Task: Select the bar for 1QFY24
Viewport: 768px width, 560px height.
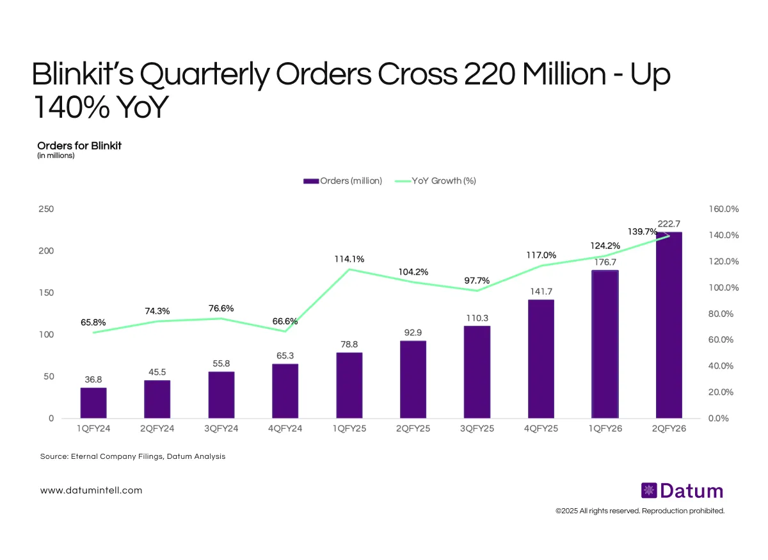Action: click(x=93, y=403)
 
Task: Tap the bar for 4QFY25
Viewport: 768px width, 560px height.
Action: click(x=541, y=358)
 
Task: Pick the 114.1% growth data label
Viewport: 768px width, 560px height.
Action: click(x=349, y=259)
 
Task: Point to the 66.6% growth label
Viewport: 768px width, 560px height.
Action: click(x=285, y=321)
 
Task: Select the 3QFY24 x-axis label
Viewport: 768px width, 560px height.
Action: click(x=221, y=429)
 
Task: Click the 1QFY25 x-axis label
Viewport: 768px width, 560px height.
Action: click(x=349, y=429)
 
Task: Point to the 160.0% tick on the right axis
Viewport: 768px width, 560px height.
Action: click(x=724, y=209)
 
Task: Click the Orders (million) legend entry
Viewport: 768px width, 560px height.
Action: click(x=343, y=181)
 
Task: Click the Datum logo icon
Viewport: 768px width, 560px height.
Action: click(x=648, y=491)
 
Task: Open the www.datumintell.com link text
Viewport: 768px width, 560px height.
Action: click(x=92, y=490)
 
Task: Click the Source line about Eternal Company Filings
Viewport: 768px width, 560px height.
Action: click(x=132, y=457)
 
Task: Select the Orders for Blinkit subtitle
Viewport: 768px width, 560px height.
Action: click(x=79, y=145)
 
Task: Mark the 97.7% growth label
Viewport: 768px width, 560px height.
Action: click(x=477, y=280)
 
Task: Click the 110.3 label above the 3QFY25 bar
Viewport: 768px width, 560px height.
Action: click(x=477, y=318)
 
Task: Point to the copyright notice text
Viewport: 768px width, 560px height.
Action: click(x=640, y=511)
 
